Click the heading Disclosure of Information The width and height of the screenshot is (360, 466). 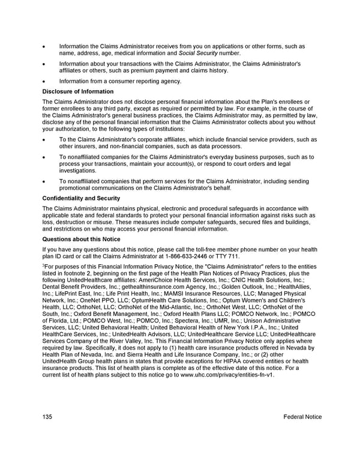pos(78,91)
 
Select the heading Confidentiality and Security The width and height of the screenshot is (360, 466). pos(81,198)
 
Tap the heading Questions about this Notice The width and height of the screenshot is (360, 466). pos(81,239)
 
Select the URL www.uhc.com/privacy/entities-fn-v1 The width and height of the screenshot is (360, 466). pos(227,375)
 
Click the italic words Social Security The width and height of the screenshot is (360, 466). pos(199,53)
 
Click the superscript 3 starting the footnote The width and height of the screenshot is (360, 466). pos(44,265)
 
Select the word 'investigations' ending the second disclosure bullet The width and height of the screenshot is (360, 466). pos(77,171)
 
